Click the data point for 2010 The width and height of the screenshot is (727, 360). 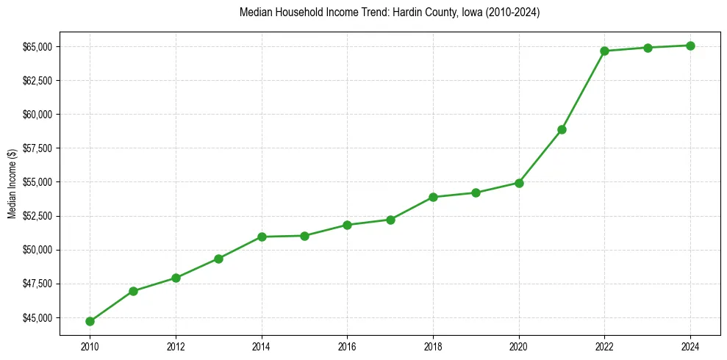tap(90, 321)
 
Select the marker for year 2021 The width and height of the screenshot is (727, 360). tap(562, 129)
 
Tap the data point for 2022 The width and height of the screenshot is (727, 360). tap(604, 51)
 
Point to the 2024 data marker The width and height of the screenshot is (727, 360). tap(690, 46)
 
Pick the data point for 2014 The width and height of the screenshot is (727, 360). tap(261, 237)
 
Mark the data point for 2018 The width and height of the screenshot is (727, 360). tap(433, 197)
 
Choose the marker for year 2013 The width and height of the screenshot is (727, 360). tap(218, 259)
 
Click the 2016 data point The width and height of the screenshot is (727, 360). tap(347, 225)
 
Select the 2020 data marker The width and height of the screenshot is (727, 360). tap(519, 183)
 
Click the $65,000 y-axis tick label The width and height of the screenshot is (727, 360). tap(37, 47)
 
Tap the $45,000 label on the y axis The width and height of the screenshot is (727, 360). tap(37, 318)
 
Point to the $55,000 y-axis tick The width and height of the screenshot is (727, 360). tap(37, 182)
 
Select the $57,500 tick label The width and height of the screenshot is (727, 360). tap(37, 148)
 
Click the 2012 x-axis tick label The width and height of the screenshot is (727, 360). tap(175, 345)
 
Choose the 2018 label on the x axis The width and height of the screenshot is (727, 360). tap(433, 345)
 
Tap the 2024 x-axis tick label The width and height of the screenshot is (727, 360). tap(690, 345)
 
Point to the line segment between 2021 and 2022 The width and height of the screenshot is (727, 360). tap(583, 90)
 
